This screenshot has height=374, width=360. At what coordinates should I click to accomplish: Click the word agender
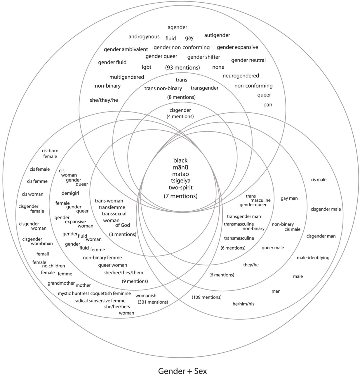(x=177, y=27)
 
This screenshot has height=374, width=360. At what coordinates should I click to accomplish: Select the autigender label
(x=217, y=35)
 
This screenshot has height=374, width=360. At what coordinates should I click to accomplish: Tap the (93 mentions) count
(x=182, y=67)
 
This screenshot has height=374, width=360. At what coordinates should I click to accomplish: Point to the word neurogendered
(x=241, y=76)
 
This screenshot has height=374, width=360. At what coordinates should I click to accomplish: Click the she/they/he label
(x=104, y=100)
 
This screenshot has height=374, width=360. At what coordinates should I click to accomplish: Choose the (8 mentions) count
(x=181, y=97)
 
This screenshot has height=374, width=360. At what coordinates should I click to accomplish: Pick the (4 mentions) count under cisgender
(x=180, y=116)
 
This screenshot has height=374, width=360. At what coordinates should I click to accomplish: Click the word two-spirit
(x=180, y=188)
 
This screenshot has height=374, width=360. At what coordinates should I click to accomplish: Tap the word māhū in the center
(x=180, y=167)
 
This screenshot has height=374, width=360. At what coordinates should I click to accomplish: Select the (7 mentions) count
(x=180, y=196)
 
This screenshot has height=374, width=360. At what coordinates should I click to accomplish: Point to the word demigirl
(x=70, y=193)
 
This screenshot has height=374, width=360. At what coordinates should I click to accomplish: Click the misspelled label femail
(x=43, y=254)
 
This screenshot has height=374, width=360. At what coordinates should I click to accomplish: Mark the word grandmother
(x=61, y=283)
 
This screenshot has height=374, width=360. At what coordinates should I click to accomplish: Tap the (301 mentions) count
(x=153, y=302)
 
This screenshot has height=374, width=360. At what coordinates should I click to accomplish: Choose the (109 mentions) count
(x=206, y=297)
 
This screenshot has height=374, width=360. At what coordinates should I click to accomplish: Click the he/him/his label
(x=243, y=304)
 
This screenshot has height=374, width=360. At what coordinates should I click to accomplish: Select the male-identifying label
(x=313, y=258)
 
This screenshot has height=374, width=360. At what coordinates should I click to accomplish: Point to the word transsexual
(x=114, y=214)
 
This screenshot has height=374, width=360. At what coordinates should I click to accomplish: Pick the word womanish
(x=146, y=295)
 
